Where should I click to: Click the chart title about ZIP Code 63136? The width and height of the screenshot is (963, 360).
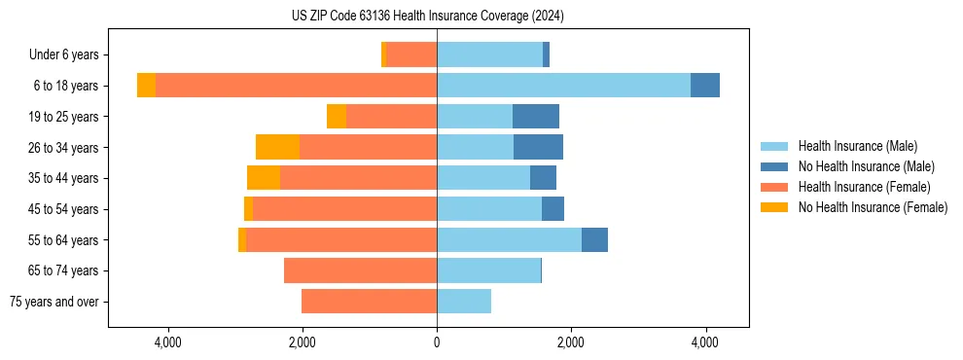click(x=427, y=16)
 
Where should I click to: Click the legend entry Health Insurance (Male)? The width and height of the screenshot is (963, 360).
click(x=866, y=146)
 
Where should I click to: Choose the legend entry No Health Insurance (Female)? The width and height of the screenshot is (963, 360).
click(x=873, y=207)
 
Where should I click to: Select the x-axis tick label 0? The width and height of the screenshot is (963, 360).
click(x=437, y=342)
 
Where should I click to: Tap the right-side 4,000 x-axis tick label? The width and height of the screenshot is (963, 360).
click(x=705, y=342)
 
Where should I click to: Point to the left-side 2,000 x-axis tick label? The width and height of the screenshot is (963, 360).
click(x=303, y=342)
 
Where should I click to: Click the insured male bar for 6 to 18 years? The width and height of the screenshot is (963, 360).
click(x=563, y=86)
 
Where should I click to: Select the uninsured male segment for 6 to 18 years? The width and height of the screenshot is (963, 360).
click(x=705, y=86)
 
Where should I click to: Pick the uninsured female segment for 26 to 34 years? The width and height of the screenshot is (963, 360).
click(x=277, y=147)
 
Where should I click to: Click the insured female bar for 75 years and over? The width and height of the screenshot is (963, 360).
click(x=369, y=302)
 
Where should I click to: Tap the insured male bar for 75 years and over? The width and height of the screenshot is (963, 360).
click(x=464, y=302)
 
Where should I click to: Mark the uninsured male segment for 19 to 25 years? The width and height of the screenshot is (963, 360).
click(x=536, y=117)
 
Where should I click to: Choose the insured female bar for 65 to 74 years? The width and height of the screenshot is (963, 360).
click(x=360, y=270)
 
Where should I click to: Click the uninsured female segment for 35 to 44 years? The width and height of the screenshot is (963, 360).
click(x=264, y=178)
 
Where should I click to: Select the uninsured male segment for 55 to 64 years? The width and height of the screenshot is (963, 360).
click(x=594, y=239)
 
